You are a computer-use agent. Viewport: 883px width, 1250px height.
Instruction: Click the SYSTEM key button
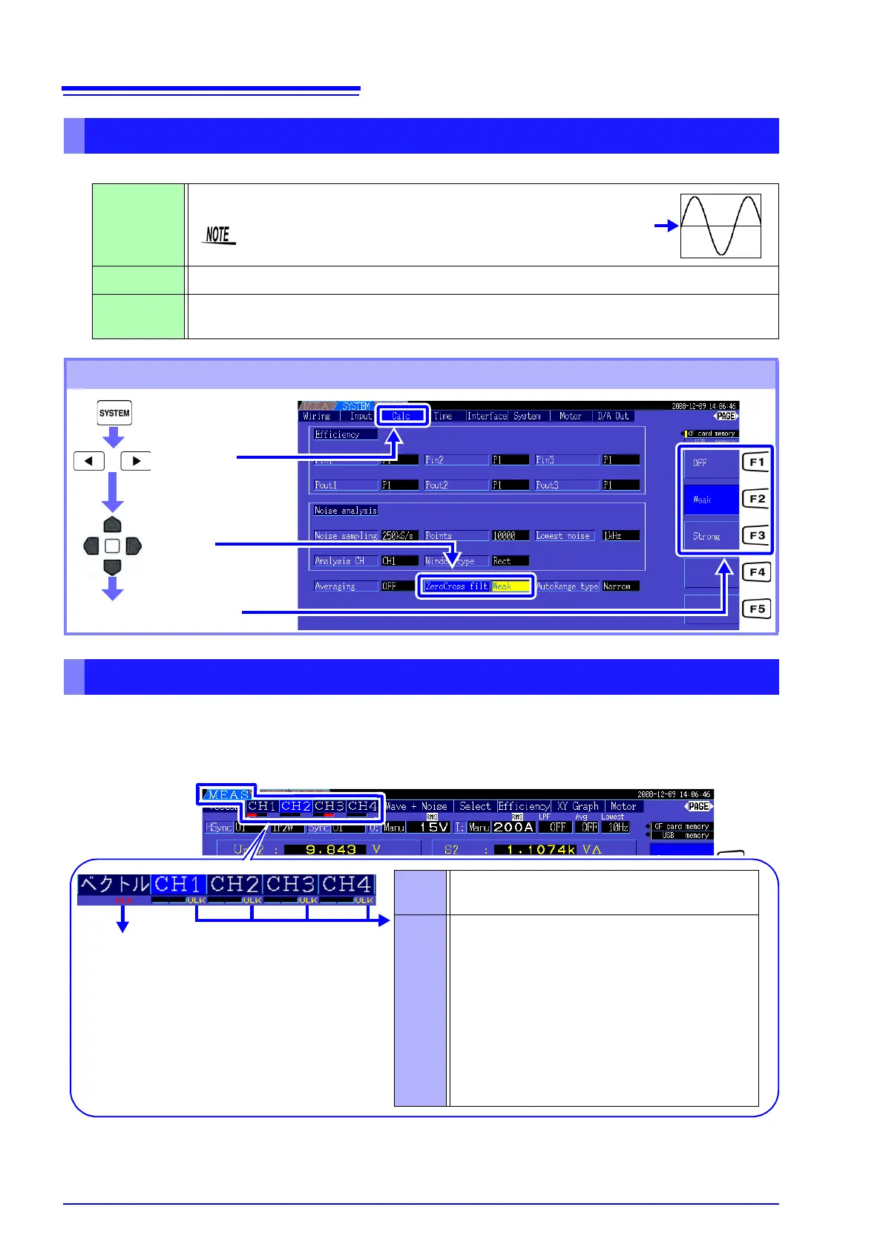(114, 413)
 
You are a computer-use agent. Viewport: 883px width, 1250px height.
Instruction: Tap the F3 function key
(756, 535)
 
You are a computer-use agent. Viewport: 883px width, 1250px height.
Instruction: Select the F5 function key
(756, 609)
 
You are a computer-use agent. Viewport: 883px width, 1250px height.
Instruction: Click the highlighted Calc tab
(401, 416)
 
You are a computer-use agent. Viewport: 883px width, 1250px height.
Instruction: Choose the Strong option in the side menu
(709, 536)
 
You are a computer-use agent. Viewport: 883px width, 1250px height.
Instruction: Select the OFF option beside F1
(709, 462)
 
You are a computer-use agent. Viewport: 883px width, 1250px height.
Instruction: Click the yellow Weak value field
(511, 586)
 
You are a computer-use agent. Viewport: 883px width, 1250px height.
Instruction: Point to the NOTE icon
(219, 235)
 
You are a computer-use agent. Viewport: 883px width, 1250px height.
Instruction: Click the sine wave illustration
(720, 226)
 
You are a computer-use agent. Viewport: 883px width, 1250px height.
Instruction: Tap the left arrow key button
(89, 461)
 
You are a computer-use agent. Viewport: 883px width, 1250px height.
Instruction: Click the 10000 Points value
(510, 536)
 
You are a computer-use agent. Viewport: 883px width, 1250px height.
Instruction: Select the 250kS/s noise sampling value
(398, 536)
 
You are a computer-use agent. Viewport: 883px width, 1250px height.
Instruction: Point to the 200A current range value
(513, 827)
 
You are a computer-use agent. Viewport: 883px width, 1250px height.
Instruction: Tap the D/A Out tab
(613, 416)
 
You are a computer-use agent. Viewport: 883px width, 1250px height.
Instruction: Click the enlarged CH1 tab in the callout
(178, 884)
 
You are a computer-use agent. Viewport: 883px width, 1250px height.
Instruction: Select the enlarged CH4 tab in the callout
(347, 884)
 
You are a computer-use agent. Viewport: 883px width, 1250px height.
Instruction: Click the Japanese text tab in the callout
(114, 884)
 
